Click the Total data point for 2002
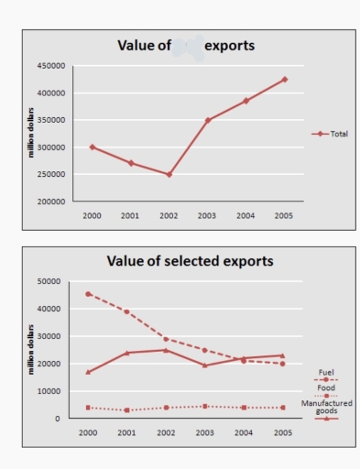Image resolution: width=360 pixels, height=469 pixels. click(169, 174)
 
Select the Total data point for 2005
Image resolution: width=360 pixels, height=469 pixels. click(284, 79)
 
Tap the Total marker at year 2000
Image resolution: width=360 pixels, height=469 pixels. click(93, 147)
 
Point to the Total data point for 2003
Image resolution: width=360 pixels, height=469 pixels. click(208, 120)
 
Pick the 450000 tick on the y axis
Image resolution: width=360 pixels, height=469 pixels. click(51, 66)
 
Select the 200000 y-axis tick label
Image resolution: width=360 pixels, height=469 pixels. click(51, 201)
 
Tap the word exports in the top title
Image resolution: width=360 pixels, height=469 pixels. click(230, 45)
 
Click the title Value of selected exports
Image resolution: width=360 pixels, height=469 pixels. click(190, 261)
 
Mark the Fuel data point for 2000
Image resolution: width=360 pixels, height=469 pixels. click(88, 294)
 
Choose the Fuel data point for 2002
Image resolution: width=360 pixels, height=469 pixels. click(165, 339)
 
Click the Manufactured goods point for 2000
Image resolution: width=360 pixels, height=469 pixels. click(88, 372)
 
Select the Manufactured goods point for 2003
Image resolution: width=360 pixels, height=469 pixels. click(204, 365)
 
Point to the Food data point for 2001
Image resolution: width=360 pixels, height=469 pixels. click(126, 410)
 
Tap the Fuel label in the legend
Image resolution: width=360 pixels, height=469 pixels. click(326, 372)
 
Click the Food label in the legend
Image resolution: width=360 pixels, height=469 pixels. click(326, 387)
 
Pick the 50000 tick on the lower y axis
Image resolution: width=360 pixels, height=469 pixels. click(49, 281)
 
